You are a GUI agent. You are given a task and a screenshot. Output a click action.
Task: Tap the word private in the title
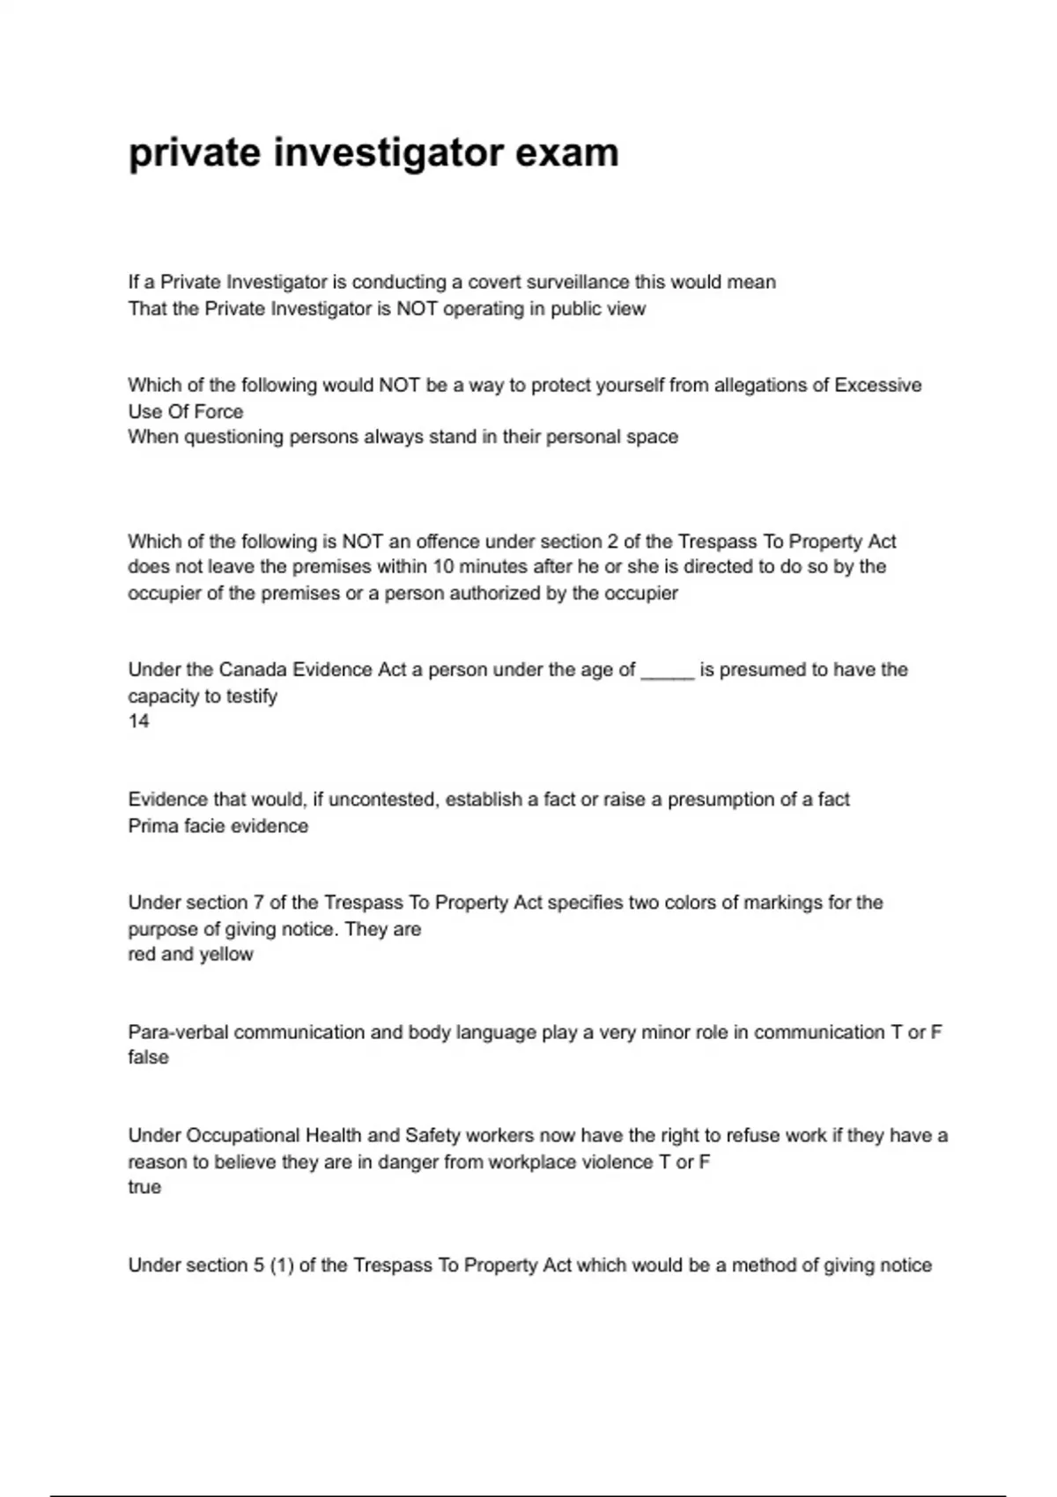[x=195, y=154]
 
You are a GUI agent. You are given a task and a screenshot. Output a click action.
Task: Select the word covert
[x=494, y=283]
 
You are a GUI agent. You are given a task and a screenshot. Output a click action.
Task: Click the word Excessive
[x=877, y=386]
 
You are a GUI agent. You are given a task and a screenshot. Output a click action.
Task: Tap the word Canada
[x=252, y=670]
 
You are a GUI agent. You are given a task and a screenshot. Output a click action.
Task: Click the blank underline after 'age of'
[x=668, y=672]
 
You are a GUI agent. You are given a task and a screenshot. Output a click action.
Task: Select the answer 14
[x=138, y=722]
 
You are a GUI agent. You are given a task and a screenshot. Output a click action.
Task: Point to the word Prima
[x=153, y=826]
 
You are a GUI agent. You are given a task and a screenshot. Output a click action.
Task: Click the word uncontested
[x=383, y=800]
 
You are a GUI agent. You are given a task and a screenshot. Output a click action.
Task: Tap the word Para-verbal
[x=177, y=1033]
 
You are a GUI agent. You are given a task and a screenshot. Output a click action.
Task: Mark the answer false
[x=148, y=1058]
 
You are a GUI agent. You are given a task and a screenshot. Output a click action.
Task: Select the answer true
[x=144, y=1187]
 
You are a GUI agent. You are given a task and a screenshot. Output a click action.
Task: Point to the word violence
[x=614, y=1162]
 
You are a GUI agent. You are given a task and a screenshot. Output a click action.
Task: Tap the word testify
[x=250, y=697]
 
